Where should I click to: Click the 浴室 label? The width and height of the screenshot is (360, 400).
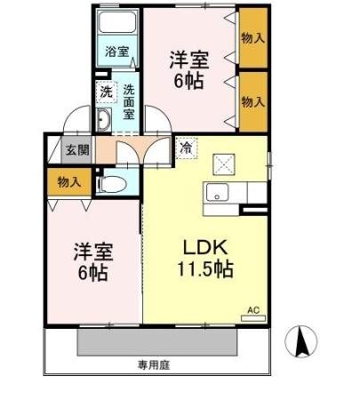click(114, 51)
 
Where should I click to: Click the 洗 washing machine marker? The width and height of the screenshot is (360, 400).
click(106, 92)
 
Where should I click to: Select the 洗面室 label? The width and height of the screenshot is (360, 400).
click(129, 101)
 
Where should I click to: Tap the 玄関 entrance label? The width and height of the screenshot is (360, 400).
click(76, 149)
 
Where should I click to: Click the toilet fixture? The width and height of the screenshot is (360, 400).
click(110, 185)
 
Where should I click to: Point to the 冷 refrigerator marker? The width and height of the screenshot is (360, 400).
click(185, 148)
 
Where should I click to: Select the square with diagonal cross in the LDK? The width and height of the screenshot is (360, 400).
click(222, 164)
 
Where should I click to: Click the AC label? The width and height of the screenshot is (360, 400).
click(253, 310)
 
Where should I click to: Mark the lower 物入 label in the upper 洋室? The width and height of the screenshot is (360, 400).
click(252, 101)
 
